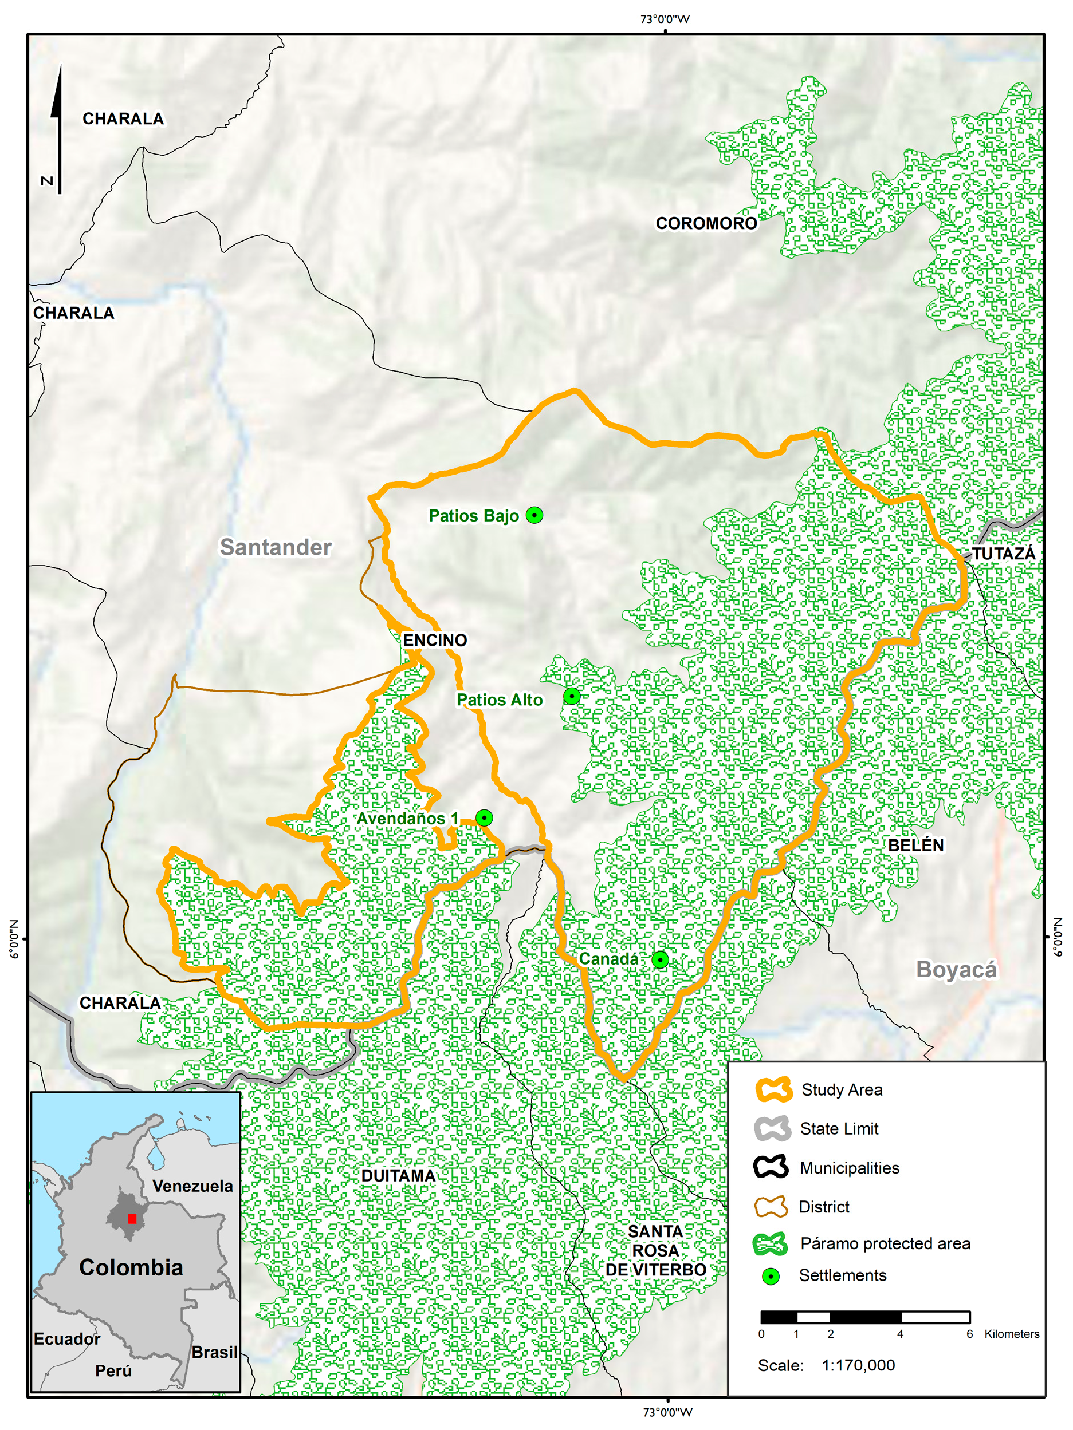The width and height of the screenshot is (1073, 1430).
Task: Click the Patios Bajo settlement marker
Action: pyautogui.click(x=534, y=515)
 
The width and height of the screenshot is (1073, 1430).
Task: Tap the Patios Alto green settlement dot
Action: pyautogui.click(x=572, y=696)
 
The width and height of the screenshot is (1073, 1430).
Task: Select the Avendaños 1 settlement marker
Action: pyautogui.click(x=484, y=818)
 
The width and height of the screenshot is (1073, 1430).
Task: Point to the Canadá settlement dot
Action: pyautogui.click(x=660, y=959)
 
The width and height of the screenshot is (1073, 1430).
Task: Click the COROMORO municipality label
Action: pyautogui.click(x=706, y=223)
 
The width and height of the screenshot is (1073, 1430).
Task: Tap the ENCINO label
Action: pyautogui.click(x=435, y=640)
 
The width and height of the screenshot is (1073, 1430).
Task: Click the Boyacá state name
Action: pyautogui.click(x=957, y=970)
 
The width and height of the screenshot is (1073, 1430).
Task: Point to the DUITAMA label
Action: pyautogui.click(x=398, y=1176)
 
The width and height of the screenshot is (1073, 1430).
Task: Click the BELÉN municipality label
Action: pyautogui.click(x=915, y=845)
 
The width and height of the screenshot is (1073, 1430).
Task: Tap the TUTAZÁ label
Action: pyautogui.click(x=1004, y=554)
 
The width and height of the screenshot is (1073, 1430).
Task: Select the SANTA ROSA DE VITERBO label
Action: pyautogui.click(x=655, y=1250)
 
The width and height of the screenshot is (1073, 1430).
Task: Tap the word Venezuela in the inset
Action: pyautogui.click(x=192, y=1186)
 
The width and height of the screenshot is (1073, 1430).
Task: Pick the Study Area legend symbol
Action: pyautogui.click(x=773, y=1089)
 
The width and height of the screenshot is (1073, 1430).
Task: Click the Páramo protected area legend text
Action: pyautogui.click(x=885, y=1243)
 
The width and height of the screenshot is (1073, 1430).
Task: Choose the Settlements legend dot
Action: pyautogui.click(x=771, y=1276)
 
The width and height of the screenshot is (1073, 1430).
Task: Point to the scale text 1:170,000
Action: pyautogui.click(x=858, y=1365)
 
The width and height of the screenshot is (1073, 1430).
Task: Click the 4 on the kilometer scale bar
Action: pyautogui.click(x=899, y=1334)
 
